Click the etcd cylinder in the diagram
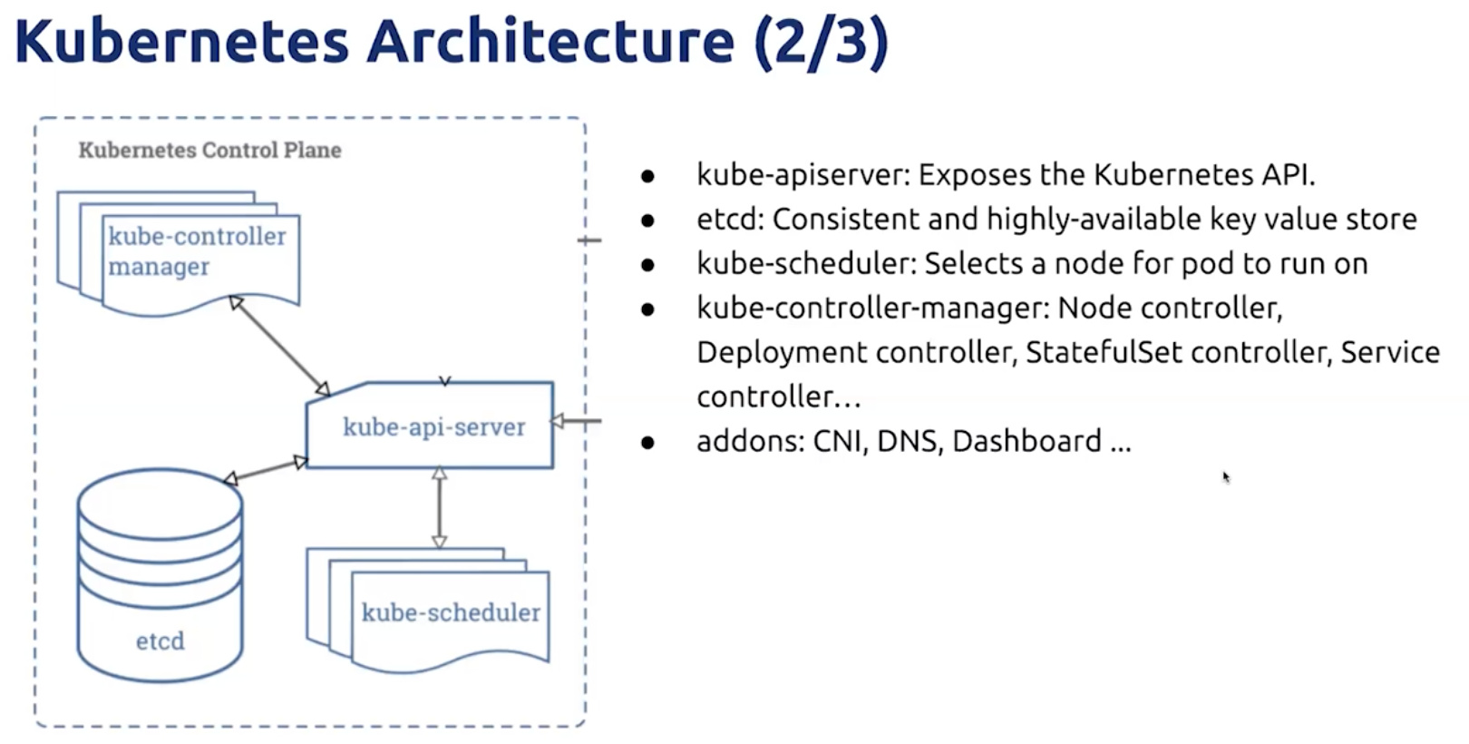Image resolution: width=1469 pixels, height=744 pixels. click(x=160, y=575)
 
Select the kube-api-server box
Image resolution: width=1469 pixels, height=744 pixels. click(x=430, y=426)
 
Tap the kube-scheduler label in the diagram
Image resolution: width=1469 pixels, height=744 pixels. click(x=451, y=612)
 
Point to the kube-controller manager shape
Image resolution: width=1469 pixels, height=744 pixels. click(x=179, y=253)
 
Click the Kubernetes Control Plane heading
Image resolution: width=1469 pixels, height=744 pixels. click(x=209, y=151)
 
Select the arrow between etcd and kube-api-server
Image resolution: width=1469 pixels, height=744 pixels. click(x=265, y=470)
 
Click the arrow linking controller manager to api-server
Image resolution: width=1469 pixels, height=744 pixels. click(x=279, y=346)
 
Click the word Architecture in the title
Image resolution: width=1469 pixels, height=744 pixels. click(x=550, y=41)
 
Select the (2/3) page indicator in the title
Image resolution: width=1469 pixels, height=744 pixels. click(x=822, y=42)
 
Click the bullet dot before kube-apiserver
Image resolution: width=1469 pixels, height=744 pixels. click(x=648, y=176)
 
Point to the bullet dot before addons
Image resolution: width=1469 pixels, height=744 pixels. click(x=648, y=442)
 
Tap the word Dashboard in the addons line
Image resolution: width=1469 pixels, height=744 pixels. click(x=1026, y=440)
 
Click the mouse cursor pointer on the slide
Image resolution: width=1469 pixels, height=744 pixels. click(x=1226, y=477)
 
